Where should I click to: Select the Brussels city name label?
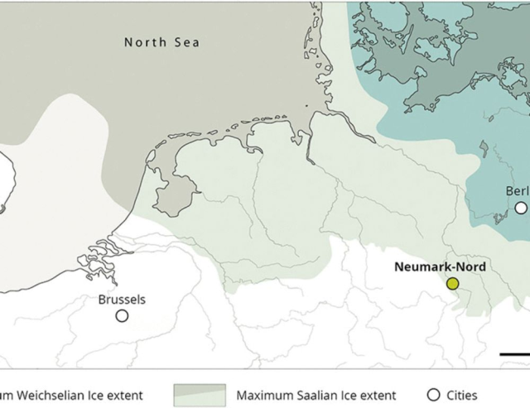(122, 300)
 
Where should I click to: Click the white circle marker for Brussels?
(122, 315)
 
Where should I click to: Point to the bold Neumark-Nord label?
(440, 267)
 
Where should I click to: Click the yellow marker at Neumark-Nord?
(452, 283)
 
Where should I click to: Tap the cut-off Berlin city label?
(517, 191)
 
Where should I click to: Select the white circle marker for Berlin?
(521, 208)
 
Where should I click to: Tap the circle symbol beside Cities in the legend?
(433, 395)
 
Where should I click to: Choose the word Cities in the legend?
(460, 396)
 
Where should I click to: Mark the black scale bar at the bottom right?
(514, 353)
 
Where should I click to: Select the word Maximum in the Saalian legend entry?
(262, 396)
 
